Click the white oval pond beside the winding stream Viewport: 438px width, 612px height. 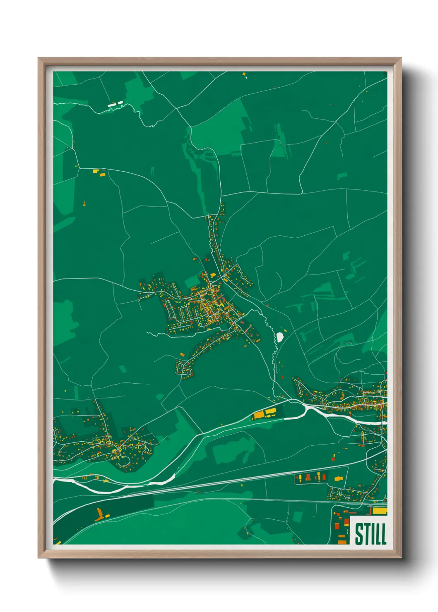click(280, 337)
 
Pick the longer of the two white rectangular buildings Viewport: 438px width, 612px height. click(112, 105)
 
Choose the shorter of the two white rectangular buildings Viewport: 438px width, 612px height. click(120, 103)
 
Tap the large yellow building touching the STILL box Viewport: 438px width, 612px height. click(379, 511)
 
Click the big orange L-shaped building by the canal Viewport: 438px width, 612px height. click(99, 515)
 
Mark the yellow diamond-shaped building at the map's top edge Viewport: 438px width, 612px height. click(244, 74)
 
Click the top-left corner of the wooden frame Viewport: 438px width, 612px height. click(39, 58)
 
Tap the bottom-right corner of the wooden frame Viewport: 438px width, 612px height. click(401, 557)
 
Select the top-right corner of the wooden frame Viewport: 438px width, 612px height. click(401, 58)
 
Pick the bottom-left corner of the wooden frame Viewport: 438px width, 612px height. click(39, 557)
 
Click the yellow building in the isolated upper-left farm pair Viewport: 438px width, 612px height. click(96, 170)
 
